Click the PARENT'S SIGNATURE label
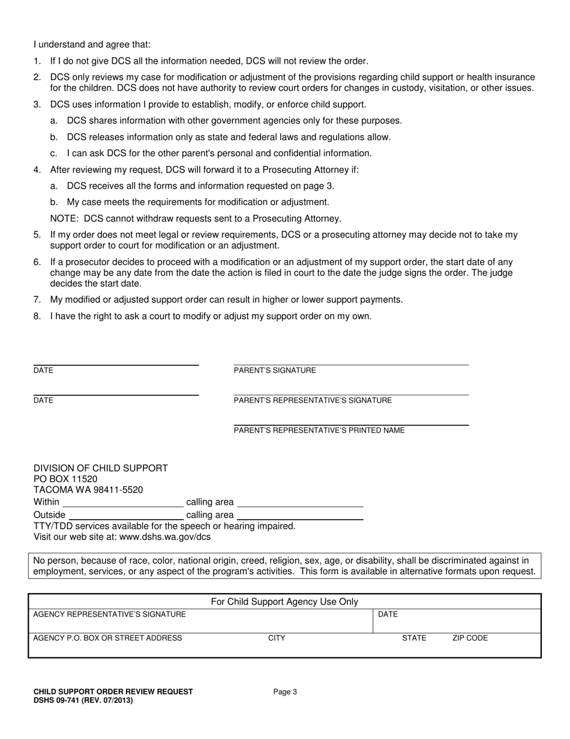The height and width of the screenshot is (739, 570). pyautogui.click(x=274, y=371)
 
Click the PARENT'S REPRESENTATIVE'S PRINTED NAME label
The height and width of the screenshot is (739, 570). pyautogui.click(x=319, y=430)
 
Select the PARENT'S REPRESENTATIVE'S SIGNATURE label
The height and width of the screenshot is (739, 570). pyautogui.click(x=313, y=400)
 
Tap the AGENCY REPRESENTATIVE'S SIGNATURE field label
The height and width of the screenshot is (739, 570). pyautogui.click(x=109, y=614)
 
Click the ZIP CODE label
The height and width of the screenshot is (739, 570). pyautogui.click(x=470, y=638)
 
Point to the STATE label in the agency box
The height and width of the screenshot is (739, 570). pyautogui.click(x=414, y=638)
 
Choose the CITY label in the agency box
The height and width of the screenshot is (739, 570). pyautogui.click(x=277, y=638)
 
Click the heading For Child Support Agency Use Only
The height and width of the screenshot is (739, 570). pyautogui.click(x=284, y=601)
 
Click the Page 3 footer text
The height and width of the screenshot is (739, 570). pyautogui.click(x=285, y=692)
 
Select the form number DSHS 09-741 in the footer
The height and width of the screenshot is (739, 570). pyautogui.click(x=83, y=700)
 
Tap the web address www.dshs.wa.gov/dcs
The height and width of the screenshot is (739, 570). pyautogui.click(x=165, y=537)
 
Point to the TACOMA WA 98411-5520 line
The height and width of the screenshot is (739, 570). pyautogui.click(x=88, y=490)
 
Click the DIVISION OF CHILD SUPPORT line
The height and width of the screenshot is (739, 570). pyautogui.click(x=101, y=468)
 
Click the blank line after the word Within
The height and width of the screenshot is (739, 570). pyautogui.click(x=123, y=503)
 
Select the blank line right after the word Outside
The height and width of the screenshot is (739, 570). pyautogui.click(x=126, y=516)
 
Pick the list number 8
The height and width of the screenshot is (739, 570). pyautogui.click(x=37, y=316)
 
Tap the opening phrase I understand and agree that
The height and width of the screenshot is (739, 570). pyautogui.click(x=92, y=44)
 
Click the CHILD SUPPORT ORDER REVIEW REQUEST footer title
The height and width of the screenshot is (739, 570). pyautogui.click(x=113, y=692)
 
